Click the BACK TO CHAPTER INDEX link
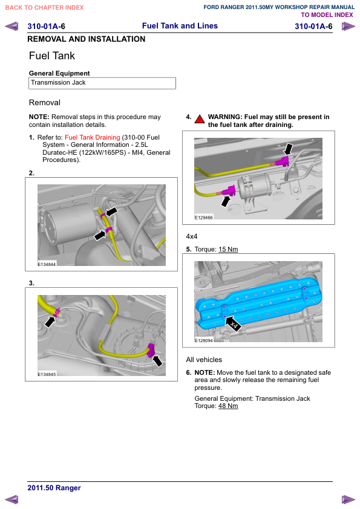click(45, 7)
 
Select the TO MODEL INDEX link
click(327, 15)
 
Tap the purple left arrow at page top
click(11, 26)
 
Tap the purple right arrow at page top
click(349, 26)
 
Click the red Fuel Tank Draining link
click(93, 137)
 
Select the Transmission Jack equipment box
click(102, 83)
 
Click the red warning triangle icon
click(200, 119)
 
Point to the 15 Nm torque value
click(228, 249)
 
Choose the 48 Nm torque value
click(228, 406)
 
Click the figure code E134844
click(47, 264)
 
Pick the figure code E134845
click(47, 374)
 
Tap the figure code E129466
click(204, 218)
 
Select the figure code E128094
click(204, 340)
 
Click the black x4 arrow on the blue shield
click(232, 323)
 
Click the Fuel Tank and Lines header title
click(180, 26)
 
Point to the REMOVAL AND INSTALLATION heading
click(87, 39)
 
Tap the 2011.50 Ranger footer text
click(54, 488)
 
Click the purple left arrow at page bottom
click(11, 500)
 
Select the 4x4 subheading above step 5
click(192, 236)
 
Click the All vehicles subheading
click(204, 360)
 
